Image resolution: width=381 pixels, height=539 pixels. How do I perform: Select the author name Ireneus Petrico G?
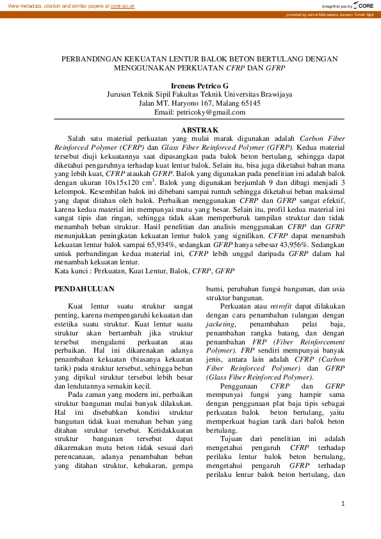coord(190,85)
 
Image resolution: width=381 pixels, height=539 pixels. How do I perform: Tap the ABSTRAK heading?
coord(190,130)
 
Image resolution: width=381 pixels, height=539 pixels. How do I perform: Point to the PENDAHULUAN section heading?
coord(85,289)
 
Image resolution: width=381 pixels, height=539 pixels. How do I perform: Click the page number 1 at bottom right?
coord(344,504)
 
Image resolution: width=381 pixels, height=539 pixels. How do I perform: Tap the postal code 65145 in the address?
coord(247,103)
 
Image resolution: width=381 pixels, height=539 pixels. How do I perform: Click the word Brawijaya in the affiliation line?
coord(273,94)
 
